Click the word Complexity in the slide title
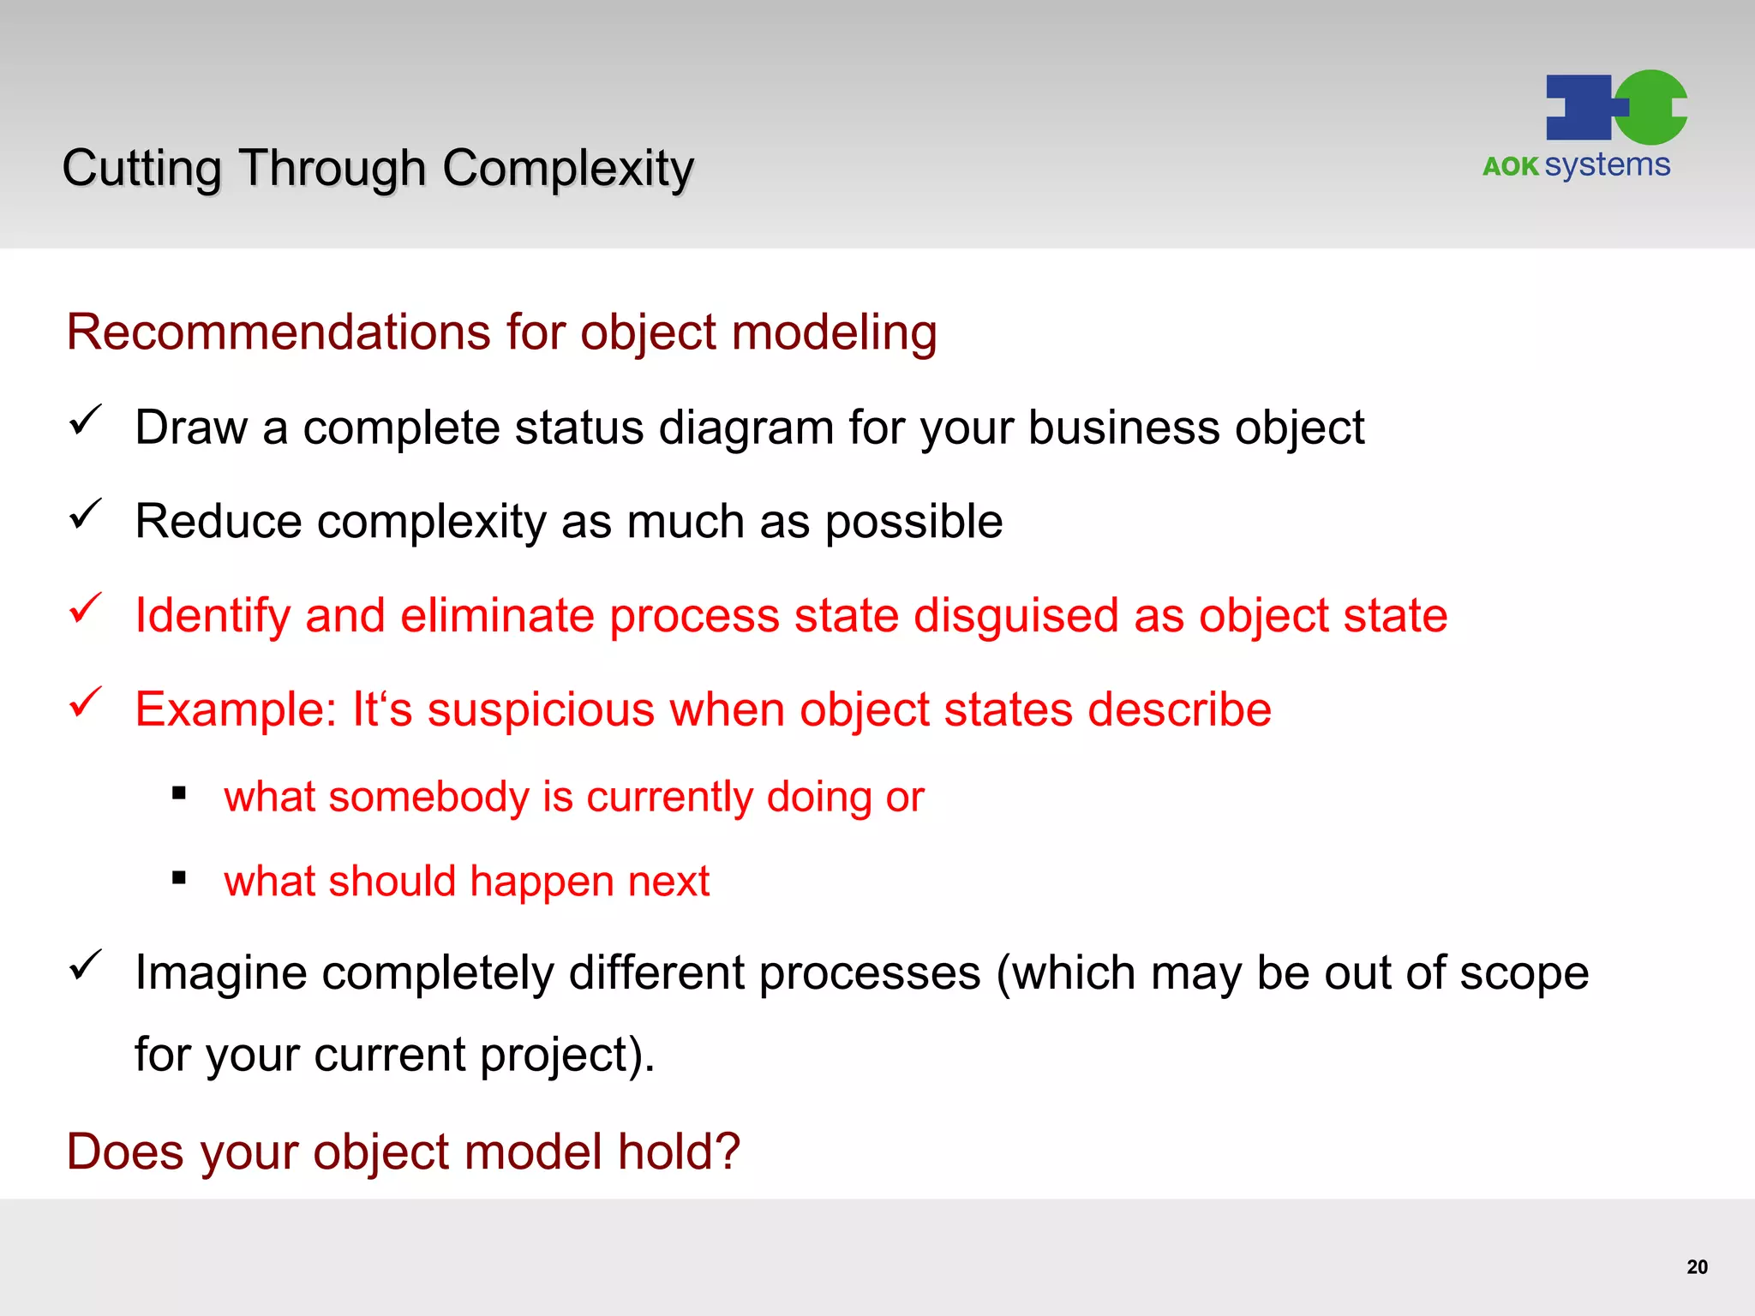[567, 168]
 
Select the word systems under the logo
[1607, 164]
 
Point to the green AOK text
[1510, 166]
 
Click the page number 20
[1697, 1267]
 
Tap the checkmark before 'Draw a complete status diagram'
[86, 420]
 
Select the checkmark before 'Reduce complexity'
[86, 514]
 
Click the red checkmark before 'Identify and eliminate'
[86, 608]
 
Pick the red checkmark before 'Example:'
[86, 703]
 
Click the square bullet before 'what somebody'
[179, 794]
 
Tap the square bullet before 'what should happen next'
[179, 878]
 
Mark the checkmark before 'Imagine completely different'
[86, 966]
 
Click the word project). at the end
[566, 1056]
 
